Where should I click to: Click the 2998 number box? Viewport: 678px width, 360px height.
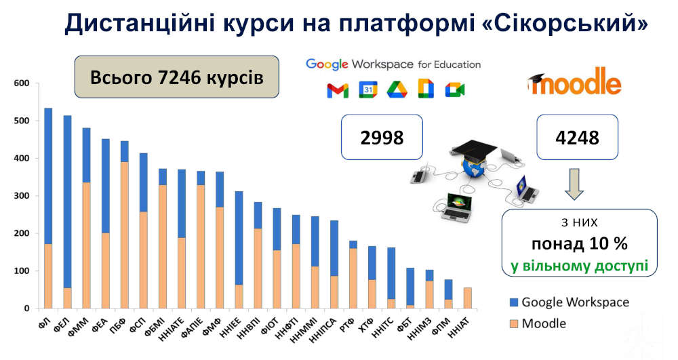382,138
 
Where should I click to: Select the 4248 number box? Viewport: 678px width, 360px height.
578,138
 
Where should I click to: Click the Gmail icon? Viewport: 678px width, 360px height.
338,89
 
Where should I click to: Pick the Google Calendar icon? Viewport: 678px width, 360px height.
367,89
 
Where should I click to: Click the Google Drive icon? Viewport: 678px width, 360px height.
397,89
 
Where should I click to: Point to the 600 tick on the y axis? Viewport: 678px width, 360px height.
22,83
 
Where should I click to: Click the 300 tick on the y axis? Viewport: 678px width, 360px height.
22,196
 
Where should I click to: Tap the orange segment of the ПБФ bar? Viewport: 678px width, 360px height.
124,235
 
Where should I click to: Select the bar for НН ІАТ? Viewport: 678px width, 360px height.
467,298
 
